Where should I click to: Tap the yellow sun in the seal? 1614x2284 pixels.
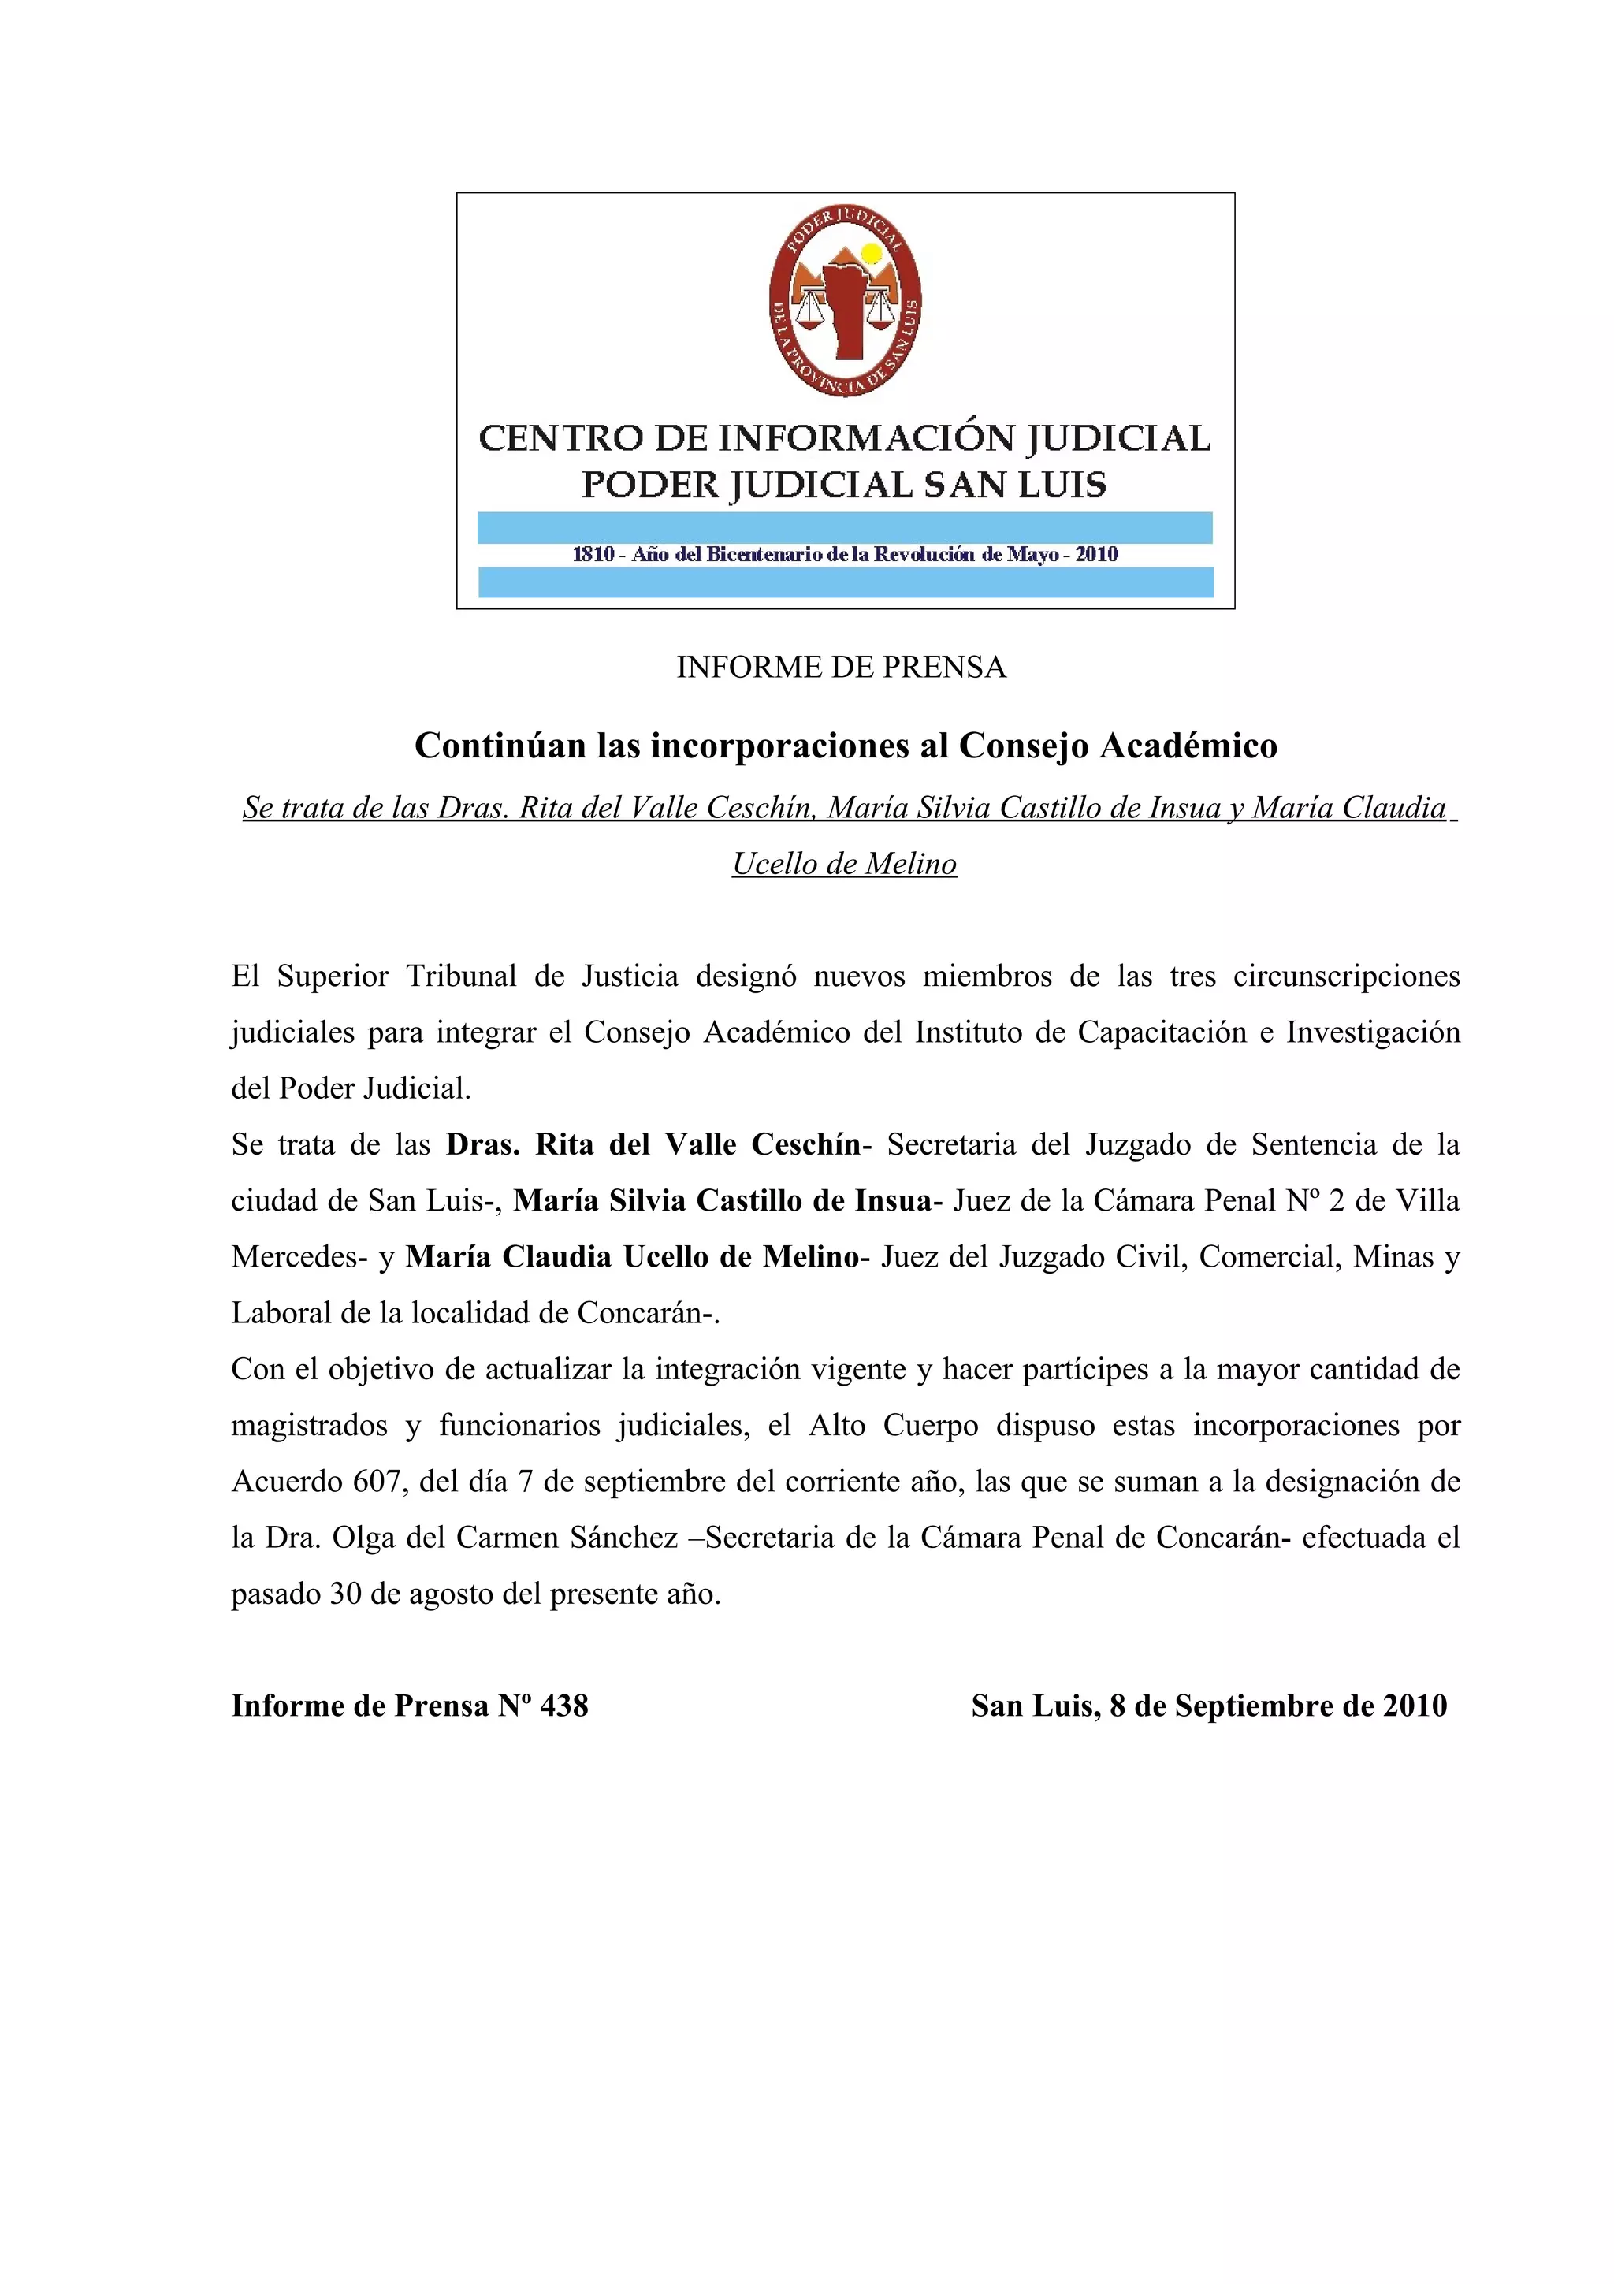click(871, 254)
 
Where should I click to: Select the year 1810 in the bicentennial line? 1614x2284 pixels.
click(593, 554)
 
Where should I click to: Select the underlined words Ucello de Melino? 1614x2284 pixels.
click(844, 864)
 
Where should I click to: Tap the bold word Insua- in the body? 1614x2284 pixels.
click(899, 1200)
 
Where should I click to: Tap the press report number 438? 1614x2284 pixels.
click(563, 1706)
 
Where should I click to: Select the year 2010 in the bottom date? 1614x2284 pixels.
click(1414, 1706)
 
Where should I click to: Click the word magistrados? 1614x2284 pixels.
click(309, 1426)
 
